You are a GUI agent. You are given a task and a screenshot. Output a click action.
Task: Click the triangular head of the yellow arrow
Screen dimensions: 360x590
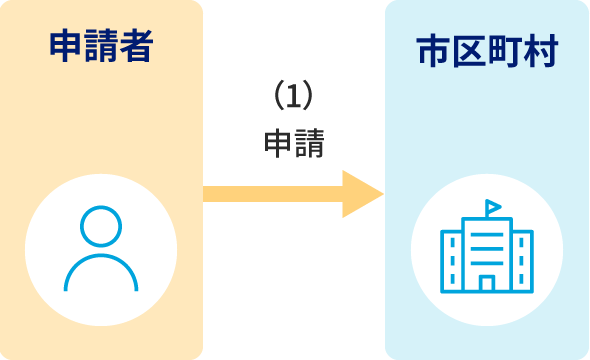coord(360,194)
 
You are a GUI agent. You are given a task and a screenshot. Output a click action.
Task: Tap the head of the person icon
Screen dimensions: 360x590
coord(101,227)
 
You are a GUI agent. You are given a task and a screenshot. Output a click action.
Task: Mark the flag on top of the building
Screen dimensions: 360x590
coord(493,207)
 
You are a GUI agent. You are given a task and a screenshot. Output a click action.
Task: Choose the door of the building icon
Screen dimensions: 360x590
coord(487,283)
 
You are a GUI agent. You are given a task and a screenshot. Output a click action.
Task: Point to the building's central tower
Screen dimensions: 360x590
coord(487,250)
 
